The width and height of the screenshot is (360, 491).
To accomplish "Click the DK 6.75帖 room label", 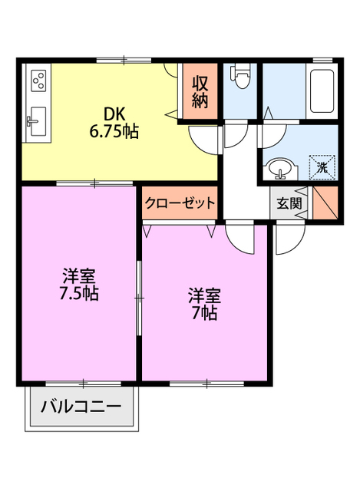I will pyautogui.click(x=114, y=121).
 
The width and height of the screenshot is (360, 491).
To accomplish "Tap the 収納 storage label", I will pyautogui.click(x=200, y=91).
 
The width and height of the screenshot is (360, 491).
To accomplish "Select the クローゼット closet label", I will pyautogui.click(x=179, y=204).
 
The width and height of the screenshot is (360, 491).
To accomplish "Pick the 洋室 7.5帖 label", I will pyautogui.click(x=79, y=284).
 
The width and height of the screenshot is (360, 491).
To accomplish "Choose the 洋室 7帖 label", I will pyautogui.click(x=205, y=303).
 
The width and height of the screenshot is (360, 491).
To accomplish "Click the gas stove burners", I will pyautogui.click(x=38, y=79).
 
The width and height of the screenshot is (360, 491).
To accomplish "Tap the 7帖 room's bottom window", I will pyautogui.click(x=206, y=383).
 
